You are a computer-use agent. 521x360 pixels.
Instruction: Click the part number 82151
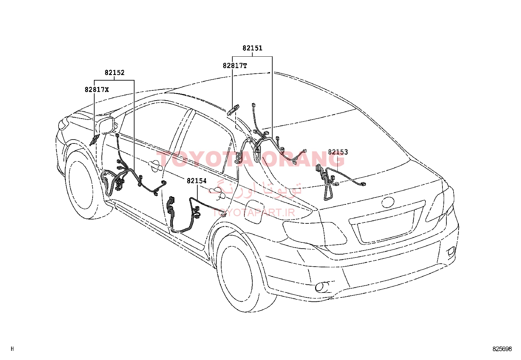(252, 48)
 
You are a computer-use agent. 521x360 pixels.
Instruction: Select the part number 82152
(115, 73)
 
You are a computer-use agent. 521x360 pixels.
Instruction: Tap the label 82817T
(235, 66)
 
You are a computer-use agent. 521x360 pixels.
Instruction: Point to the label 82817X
(97, 90)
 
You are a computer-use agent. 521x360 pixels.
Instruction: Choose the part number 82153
(338, 152)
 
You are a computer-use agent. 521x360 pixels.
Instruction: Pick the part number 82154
(197, 181)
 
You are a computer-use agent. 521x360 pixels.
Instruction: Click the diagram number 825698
(502, 349)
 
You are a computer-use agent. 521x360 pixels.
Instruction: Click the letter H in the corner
(12, 349)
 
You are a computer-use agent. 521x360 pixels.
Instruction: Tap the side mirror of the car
(106, 126)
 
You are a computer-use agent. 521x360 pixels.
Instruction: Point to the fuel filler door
(255, 211)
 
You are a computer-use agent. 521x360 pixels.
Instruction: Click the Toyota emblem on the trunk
(388, 202)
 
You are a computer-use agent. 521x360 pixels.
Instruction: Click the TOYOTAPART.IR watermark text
(254, 212)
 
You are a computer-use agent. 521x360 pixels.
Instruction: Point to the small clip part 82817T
(233, 110)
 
